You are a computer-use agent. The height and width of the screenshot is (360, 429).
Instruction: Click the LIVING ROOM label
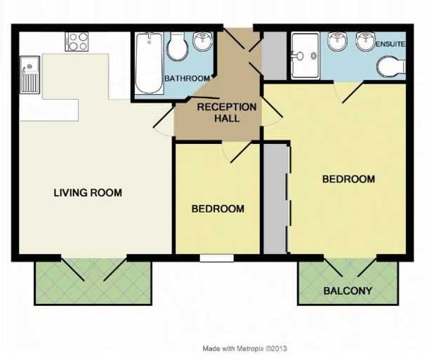[88, 193]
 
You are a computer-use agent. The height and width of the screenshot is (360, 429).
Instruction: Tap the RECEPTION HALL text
[227, 112]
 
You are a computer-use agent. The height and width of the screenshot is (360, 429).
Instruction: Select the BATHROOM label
[187, 79]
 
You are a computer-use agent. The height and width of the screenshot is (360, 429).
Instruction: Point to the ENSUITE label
[390, 44]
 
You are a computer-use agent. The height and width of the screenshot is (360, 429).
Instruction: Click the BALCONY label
[348, 291]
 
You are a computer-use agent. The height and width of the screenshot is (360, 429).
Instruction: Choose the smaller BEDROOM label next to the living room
[218, 209]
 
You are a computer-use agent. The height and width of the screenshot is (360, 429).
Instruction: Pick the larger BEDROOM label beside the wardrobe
[348, 180]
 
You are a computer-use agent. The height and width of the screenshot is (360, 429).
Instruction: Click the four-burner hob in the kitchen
[77, 41]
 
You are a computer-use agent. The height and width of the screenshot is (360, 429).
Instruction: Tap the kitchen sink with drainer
[29, 75]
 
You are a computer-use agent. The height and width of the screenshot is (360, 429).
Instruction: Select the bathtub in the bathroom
[149, 63]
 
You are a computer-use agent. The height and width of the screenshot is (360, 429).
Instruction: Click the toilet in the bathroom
[178, 46]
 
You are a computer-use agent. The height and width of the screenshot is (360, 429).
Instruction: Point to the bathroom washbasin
[203, 41]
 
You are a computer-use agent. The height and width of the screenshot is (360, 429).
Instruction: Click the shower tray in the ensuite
[305, 55]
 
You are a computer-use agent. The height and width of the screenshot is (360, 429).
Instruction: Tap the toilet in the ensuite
[391, 67]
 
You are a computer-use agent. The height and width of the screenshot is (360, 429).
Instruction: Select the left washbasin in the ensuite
[338, 41]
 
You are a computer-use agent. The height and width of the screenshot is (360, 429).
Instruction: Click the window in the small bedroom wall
[217, 258]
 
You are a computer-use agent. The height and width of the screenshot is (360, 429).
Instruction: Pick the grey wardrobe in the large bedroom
[275, 199]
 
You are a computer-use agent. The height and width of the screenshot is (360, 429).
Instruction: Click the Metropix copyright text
[244, 349]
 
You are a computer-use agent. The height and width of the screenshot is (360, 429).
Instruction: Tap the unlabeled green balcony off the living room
[93, 282]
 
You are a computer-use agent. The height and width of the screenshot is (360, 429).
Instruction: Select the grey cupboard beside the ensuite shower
[275, 55]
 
